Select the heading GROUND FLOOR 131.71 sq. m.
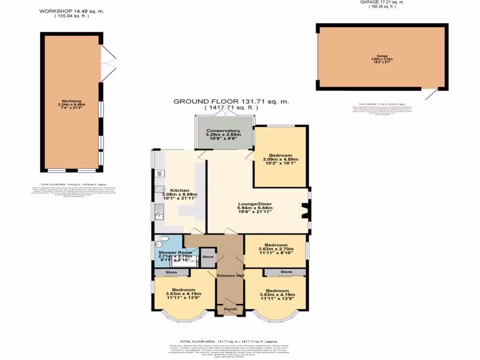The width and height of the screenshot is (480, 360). click(231, 101)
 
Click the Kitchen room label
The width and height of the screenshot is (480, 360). click(180, 190)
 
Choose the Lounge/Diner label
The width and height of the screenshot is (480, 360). click(255, 204)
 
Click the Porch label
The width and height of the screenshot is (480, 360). click(230, 309)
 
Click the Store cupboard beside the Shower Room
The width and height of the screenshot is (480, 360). click(207, 257)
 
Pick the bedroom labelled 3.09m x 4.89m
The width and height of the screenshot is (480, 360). click(280, 156)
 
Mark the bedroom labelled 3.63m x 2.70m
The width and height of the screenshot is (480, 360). click(276, 245)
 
